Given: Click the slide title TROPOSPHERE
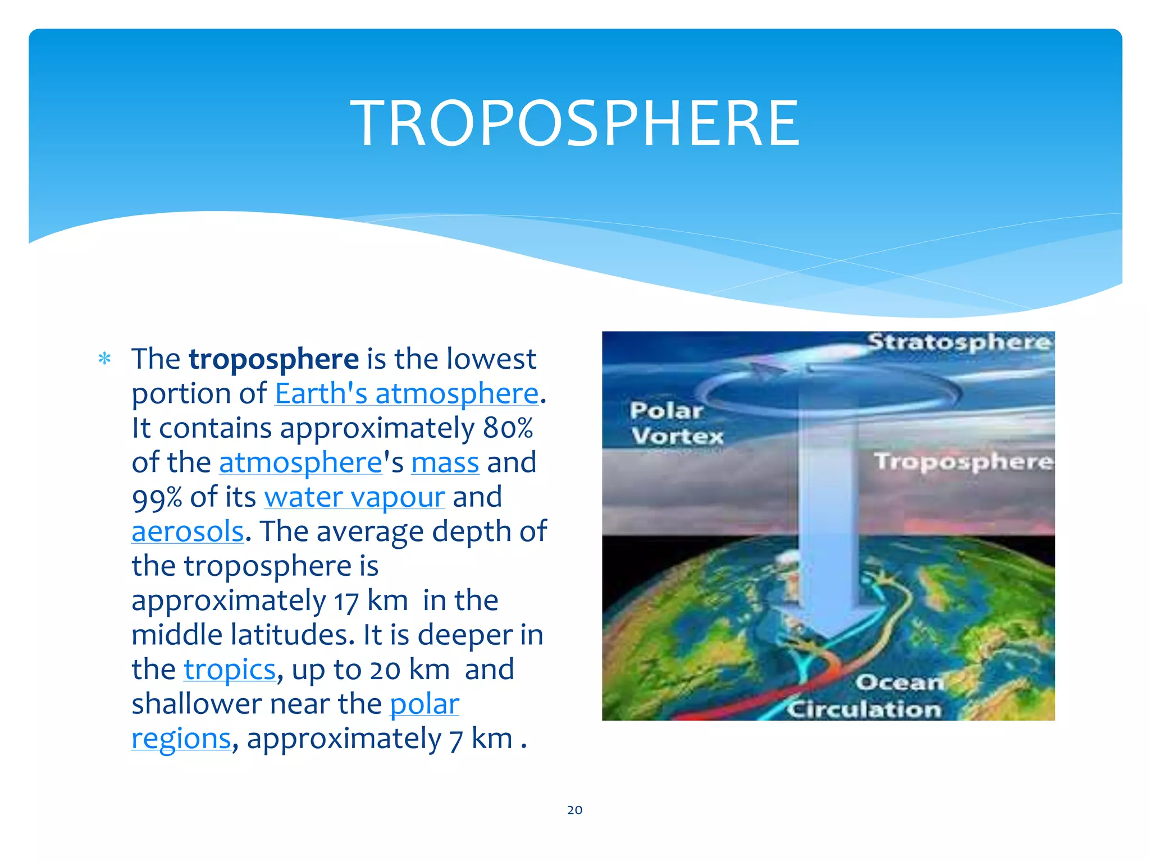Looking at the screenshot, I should click(x=574, y=123).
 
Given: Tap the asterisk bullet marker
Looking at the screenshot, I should click(x=104, y=359).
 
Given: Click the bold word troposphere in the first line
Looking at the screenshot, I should click(x=273, y=359).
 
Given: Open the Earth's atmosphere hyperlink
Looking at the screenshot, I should click(x=407, y=393).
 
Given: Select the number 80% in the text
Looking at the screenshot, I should click(x=508, y=428).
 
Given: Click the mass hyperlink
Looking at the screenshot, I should click(x=445, y=463).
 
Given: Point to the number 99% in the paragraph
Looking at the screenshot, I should click(x=157, y=498).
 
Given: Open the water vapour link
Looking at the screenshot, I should click(x=354, y=498).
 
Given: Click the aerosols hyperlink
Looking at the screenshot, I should click(x=188, y=531).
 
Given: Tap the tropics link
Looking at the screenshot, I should click(x=230, y=670).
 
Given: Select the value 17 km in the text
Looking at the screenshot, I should click(x=371, y=601).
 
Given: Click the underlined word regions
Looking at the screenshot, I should click(x=181, y=739).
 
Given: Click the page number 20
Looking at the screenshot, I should click(x=574, y=810).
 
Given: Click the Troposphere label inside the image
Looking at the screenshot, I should click(x=963, y=461).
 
